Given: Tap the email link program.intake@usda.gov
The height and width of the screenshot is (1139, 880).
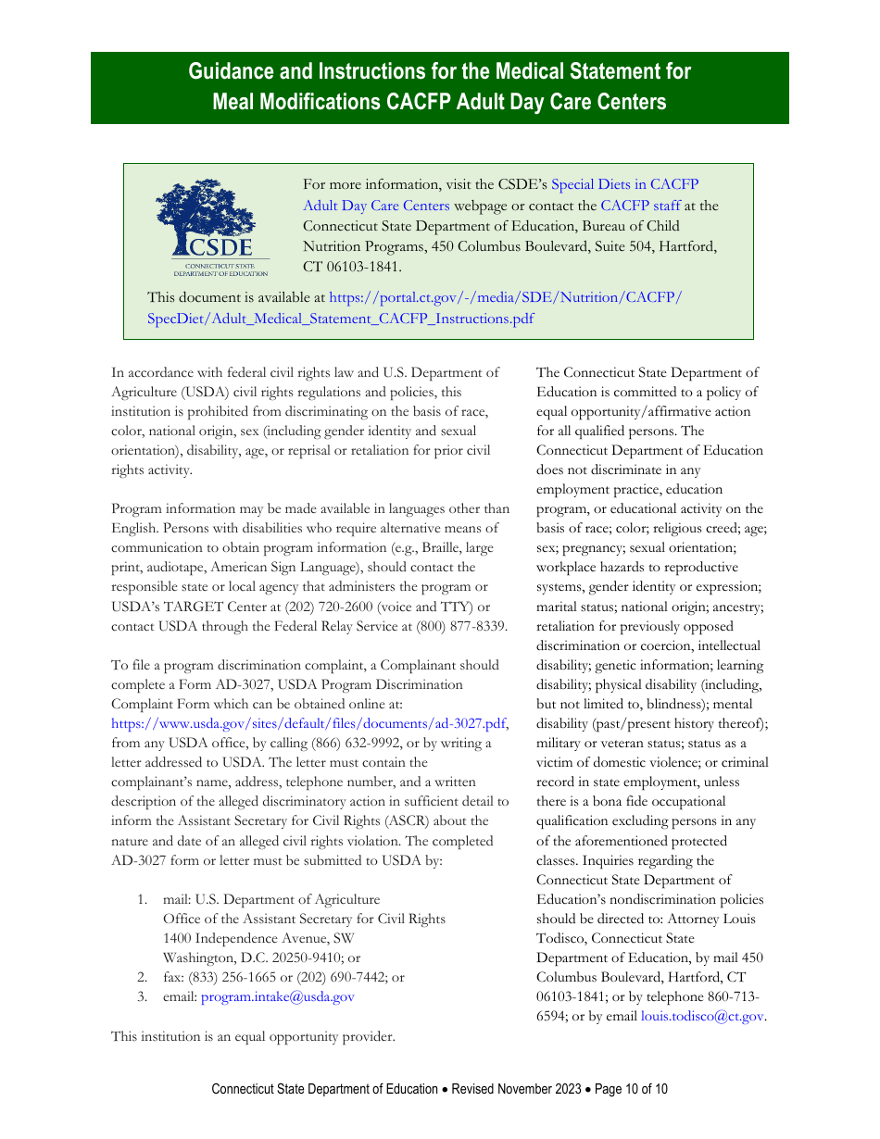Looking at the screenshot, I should point(277,996).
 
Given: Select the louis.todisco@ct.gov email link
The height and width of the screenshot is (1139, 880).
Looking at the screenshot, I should point(702,1016).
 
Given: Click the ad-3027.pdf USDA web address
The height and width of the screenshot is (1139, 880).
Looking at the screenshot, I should point(309,723).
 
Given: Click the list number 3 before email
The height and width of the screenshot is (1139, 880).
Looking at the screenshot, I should point(142,996).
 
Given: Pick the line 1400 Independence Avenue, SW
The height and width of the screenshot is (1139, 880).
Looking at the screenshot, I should point(252,938).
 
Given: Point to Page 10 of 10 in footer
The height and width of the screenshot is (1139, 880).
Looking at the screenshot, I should point(631,1089).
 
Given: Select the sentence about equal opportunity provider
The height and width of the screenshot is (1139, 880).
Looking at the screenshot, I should point(253,1036).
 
